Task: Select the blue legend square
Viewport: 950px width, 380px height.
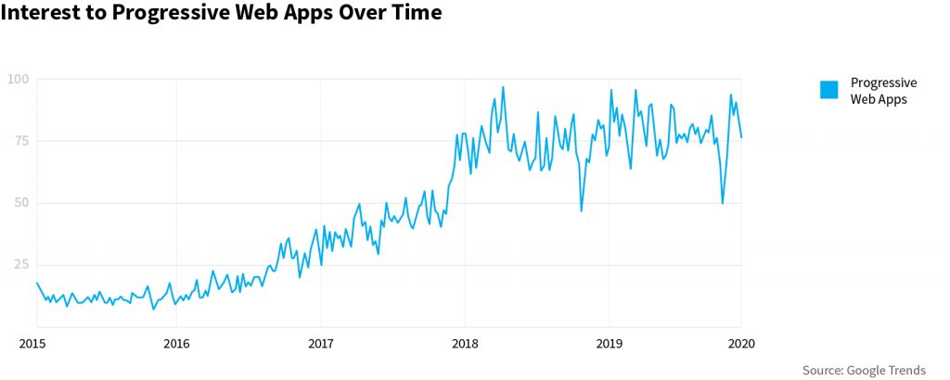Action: [x=828, y=89]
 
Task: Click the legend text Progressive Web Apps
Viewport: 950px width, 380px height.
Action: [x=883, y=90]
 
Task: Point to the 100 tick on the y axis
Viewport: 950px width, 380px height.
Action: [x=19, y=79]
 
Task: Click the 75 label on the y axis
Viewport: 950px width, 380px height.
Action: [x=21, y=141]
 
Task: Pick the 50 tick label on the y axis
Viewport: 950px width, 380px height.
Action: [x=21, y=203]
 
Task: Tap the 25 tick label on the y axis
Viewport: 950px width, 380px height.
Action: [x=21, y=264]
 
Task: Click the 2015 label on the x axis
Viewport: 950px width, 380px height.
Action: [x=32, y=344]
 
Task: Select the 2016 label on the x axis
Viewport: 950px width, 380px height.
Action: [x=176, y=344]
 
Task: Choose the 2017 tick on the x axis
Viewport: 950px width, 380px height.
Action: [x=320, y=344]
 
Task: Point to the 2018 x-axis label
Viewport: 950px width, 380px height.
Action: [x=464, y=344]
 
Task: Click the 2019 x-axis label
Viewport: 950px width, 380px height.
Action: [x=608, y=344]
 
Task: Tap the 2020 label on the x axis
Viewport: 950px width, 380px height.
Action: [x=741, y=344]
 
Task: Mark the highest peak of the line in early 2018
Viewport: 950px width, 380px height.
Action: [x=503, y=87]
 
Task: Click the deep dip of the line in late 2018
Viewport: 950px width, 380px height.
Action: [x=581, y=210]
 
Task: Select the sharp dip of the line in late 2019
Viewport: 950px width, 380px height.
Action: [x=723, y=203]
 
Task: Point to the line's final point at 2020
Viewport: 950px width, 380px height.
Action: [x=741, y=137]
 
